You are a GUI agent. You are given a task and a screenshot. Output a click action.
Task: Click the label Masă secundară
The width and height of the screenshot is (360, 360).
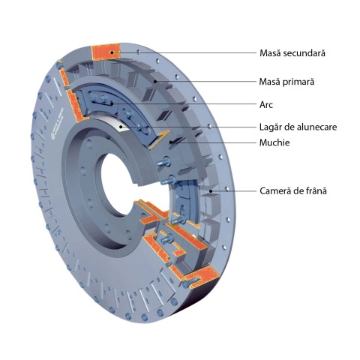click(x=292, y=53)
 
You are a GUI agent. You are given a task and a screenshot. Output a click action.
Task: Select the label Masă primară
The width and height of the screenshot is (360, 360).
click(x=286, y=82)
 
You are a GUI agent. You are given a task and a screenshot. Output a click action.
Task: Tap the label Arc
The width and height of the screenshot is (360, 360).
click(x=266, y=105)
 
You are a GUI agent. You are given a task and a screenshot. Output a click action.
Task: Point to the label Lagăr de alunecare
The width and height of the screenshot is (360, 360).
click(x=298, y=127)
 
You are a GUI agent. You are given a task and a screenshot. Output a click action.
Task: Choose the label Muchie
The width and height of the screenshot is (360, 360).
click(x=274, y=142)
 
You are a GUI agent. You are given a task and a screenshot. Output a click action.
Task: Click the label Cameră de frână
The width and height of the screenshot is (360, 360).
click(x=293, y=191)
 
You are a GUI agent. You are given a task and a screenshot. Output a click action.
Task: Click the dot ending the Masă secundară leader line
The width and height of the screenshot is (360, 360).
click(x=112, y=52)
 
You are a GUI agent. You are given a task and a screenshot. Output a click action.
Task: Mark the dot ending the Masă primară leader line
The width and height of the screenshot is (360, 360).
click(x=155, y=82)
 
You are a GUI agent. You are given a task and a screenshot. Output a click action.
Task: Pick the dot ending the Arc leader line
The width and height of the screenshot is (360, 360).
click(x=112, y=103)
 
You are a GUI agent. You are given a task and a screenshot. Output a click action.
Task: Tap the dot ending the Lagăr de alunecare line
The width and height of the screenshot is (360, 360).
click(x=121, y=127)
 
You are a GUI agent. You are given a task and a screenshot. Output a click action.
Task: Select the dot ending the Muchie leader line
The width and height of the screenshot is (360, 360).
click(x=171, y=142)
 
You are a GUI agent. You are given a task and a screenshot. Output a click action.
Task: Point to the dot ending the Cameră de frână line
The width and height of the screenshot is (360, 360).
click(x=211, y=191)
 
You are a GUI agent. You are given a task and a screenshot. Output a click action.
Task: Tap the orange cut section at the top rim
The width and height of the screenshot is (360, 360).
click(x=106, y=52)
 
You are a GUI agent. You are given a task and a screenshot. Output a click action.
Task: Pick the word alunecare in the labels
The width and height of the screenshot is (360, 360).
click(x=317, y=127)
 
